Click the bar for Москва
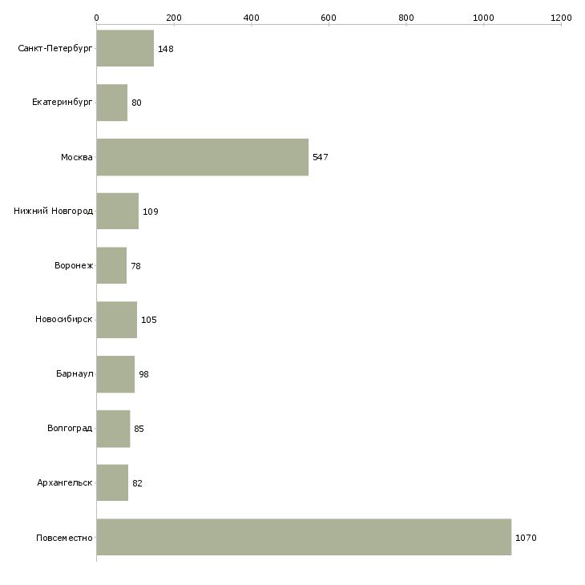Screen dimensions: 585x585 (x=202, y=157)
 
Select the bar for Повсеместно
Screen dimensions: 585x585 (x=304, y=537)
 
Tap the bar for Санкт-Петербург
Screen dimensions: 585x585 (x=125, y=49)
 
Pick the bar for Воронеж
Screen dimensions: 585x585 (x=111, y=266)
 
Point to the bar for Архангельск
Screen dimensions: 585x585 (x=112, y=483)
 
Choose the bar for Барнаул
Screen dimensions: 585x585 (x=115, y=374)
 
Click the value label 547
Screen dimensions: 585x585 (x=321, y=157)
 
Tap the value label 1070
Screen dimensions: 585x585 (x=526, y=538)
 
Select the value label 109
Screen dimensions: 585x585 (x=151, y=212)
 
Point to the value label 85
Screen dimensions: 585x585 (x=139, y=429)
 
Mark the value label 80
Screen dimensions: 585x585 (x=136, y=103)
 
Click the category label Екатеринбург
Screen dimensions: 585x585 (x=63, y=103)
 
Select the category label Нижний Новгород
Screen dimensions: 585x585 (x=53, y=212)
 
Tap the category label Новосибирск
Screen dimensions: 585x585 (x=63, y=320)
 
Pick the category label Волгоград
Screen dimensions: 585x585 (x=70, y=429)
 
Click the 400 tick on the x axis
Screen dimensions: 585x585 (x=252, y=17)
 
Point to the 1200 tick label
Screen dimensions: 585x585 (x=561, y=17)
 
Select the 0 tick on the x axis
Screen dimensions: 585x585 (x=97, y=17)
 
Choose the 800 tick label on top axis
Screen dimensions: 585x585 (x=406, y=17)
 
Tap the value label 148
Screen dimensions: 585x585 (x=166, y=49)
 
